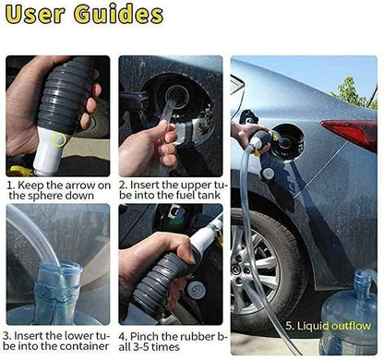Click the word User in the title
(x=45, y=16)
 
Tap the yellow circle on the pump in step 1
(x=58, y=139)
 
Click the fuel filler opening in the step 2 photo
(x=177, y=95)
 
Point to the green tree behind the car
(x=352, y=93)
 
